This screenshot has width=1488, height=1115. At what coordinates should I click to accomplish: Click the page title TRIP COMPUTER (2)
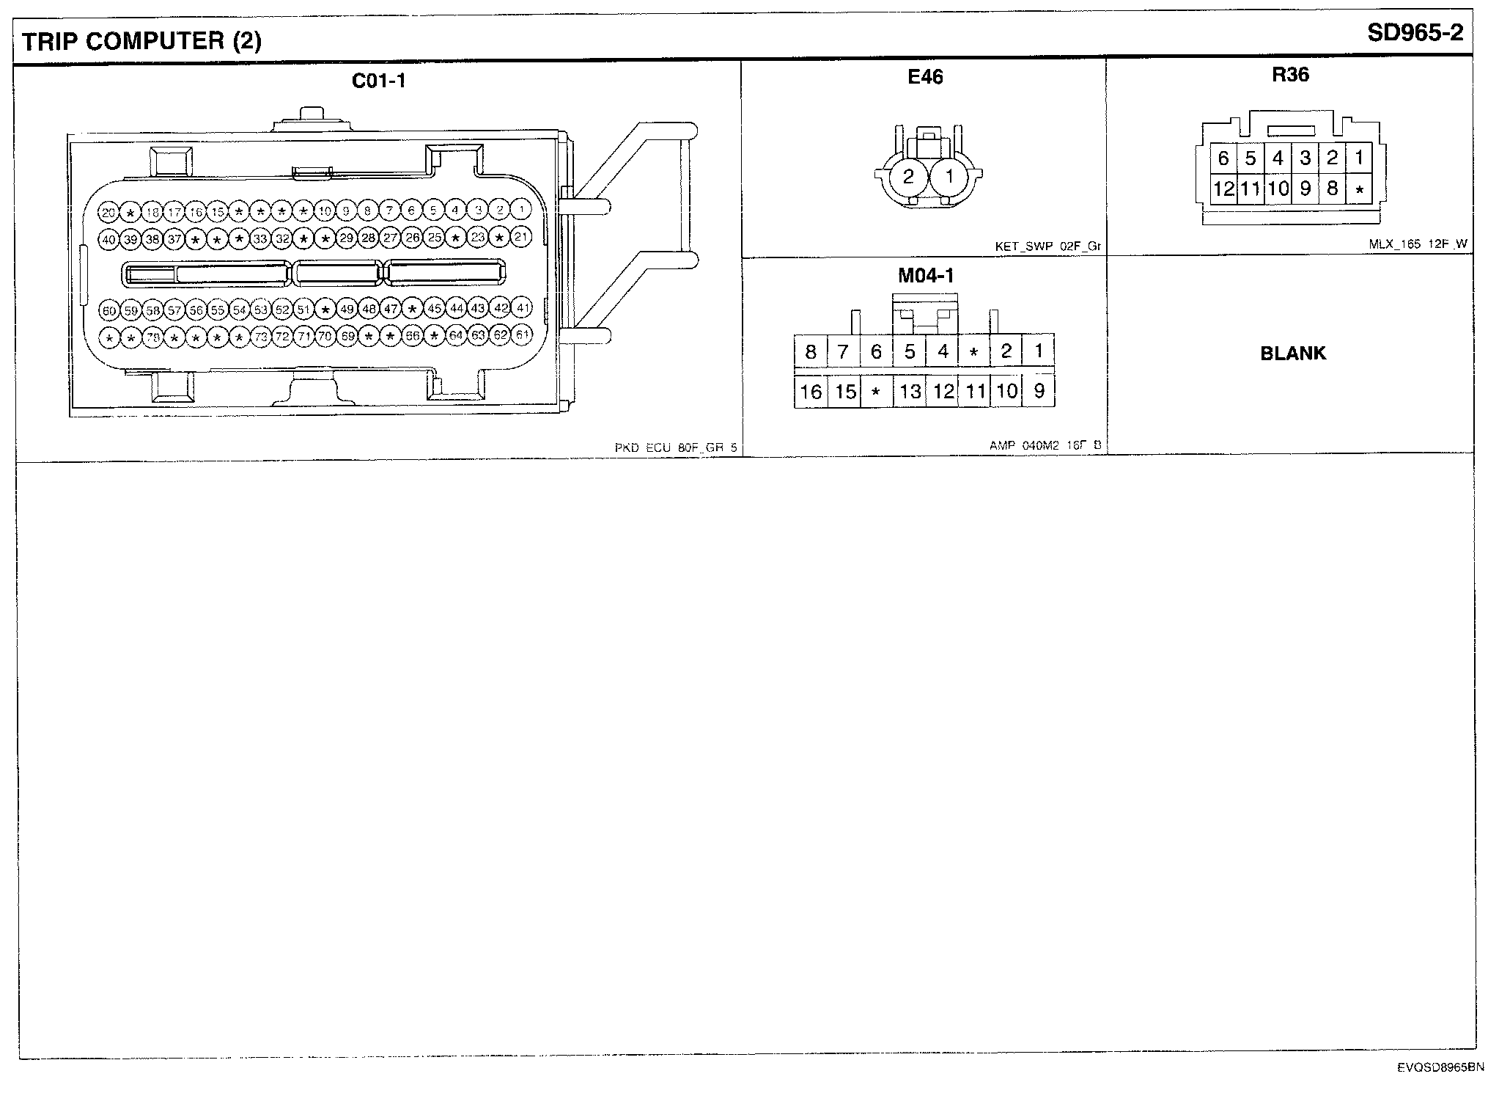[x=141, y=41]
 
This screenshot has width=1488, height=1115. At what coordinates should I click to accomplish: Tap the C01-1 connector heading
[x=378, y=81]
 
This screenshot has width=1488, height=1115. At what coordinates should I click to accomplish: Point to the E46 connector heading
[x=925, y=77]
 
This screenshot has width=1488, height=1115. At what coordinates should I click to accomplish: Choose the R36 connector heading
[x=1290, y=75]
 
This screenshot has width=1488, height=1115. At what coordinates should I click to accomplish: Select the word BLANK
[x=1293, y=354]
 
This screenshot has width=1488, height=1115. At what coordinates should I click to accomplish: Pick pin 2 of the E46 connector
[x=909, y=177]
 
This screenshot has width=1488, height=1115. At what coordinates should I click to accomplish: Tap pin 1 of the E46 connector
[x=949, y=177]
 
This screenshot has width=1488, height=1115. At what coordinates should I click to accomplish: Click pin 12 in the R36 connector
[x=1223, y=189]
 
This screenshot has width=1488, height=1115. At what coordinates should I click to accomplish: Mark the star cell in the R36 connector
[x=1359, y=190]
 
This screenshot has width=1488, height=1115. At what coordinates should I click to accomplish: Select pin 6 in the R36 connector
[x=1223, y=158]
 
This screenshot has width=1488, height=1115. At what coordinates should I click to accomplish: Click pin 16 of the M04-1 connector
[x=811, y=392]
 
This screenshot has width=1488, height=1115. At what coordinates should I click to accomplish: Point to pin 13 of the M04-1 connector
[x=910, y=392]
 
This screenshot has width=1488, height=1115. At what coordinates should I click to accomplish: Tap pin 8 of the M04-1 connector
[x=811, y=352]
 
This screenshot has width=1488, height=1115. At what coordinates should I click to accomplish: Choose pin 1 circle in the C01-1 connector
[x=521, y=210]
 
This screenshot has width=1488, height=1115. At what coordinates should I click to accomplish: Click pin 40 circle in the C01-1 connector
[x=109, y=239]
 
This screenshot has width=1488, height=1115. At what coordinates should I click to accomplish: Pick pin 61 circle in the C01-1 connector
[x=522, y=336]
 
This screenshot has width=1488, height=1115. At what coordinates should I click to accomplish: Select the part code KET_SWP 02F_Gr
[x=1047, y=247]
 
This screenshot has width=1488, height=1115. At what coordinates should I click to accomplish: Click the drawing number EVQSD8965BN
[x=1440, y=1068]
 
